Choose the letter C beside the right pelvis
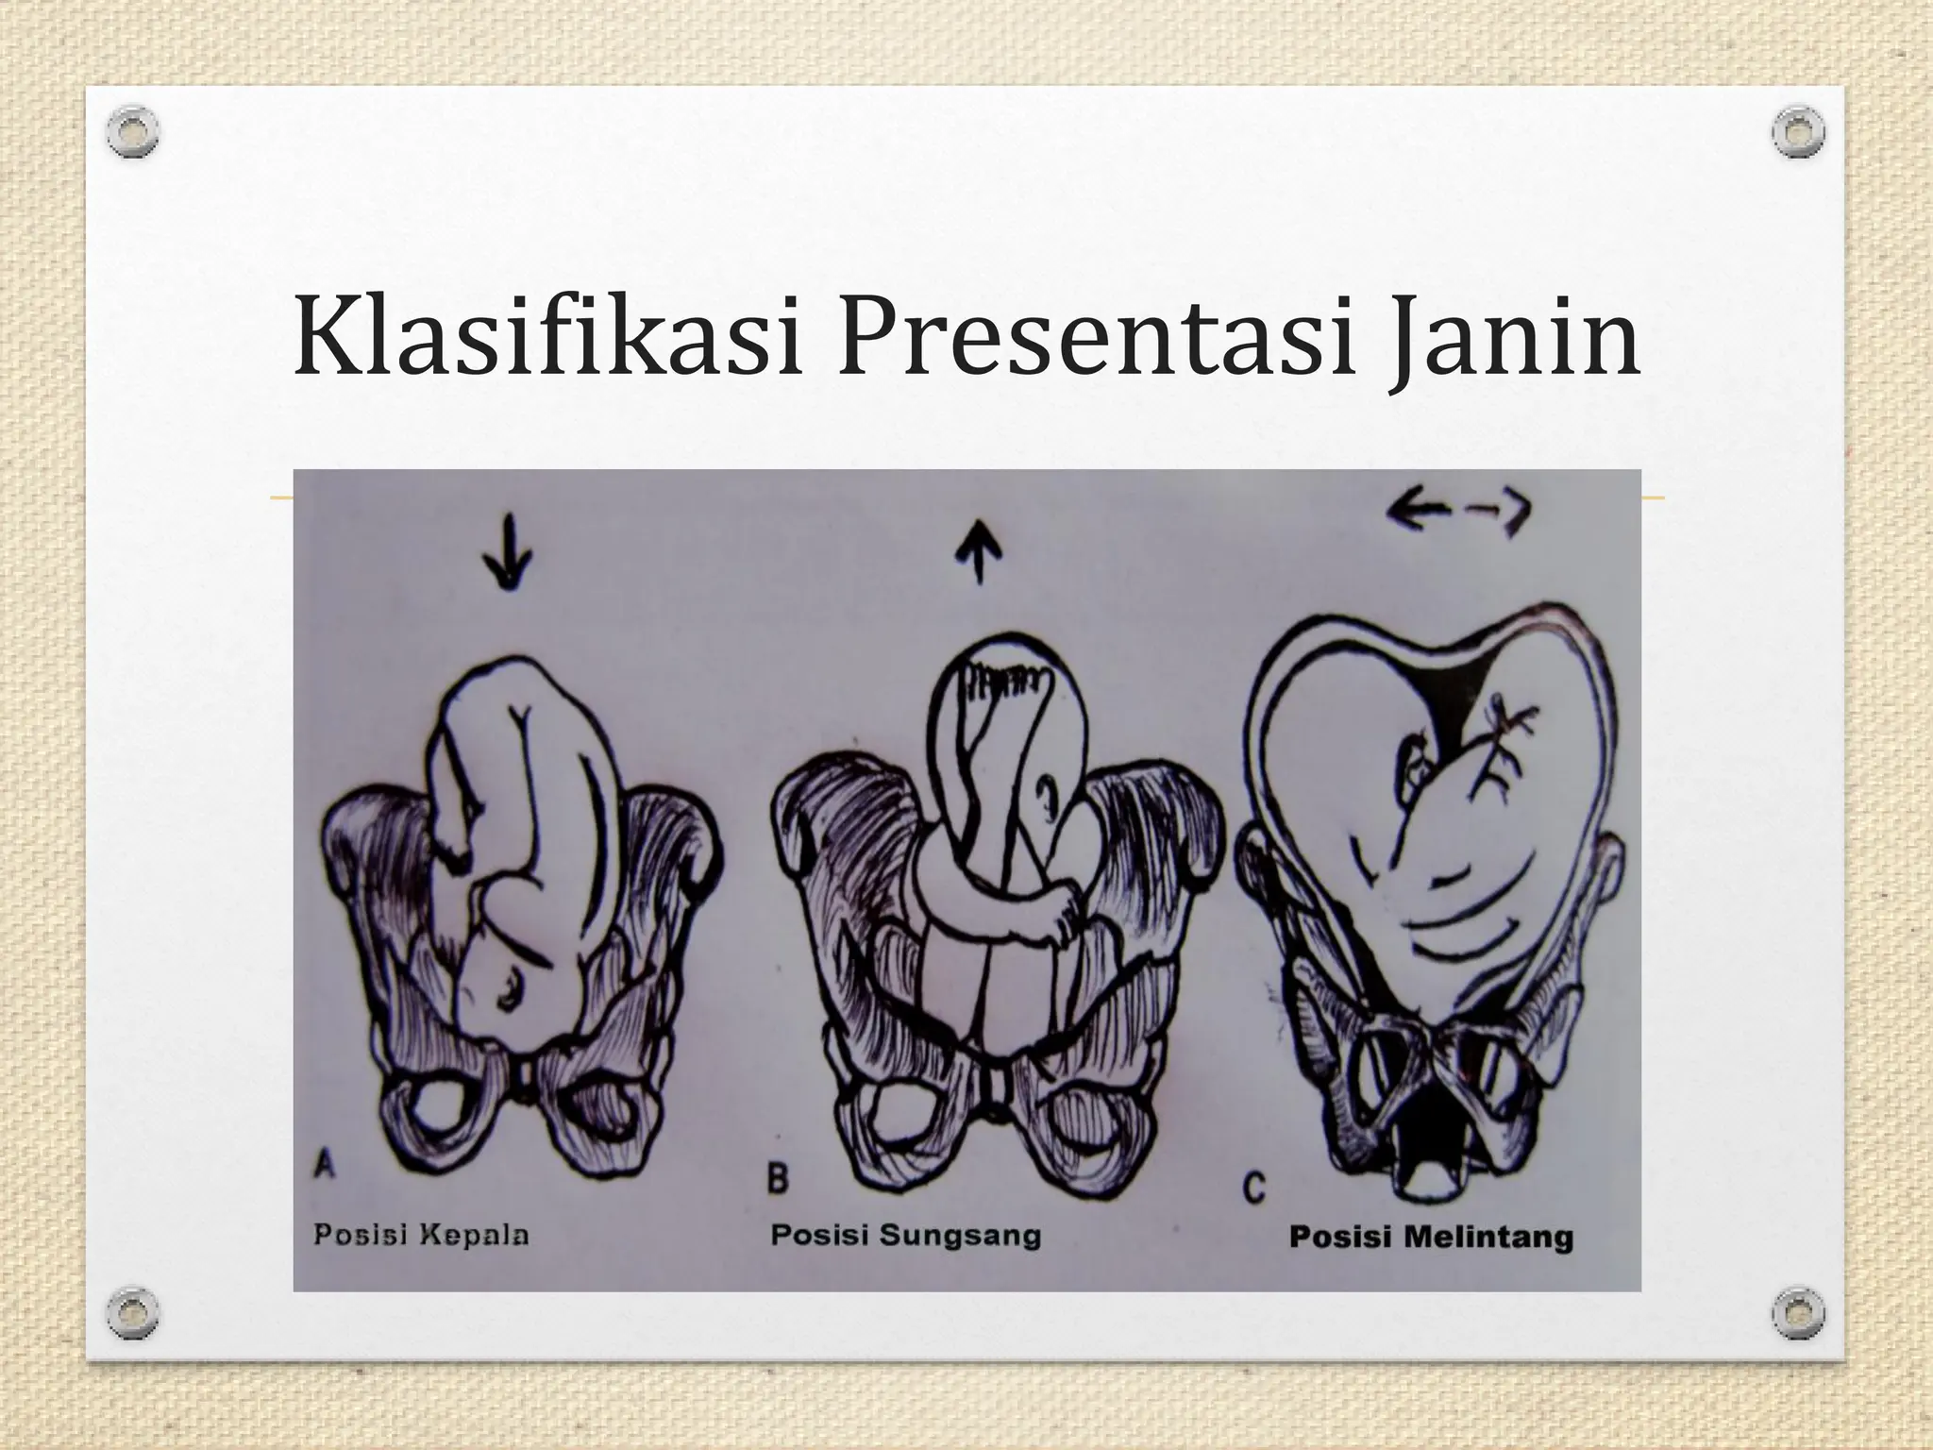[x=1253, y=1187]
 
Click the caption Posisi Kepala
[x=421, y=1234]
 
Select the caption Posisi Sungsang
[x=905, y=1235]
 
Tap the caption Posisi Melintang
[x=1431, y=1237]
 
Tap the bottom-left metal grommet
[x=132, y=1313]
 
